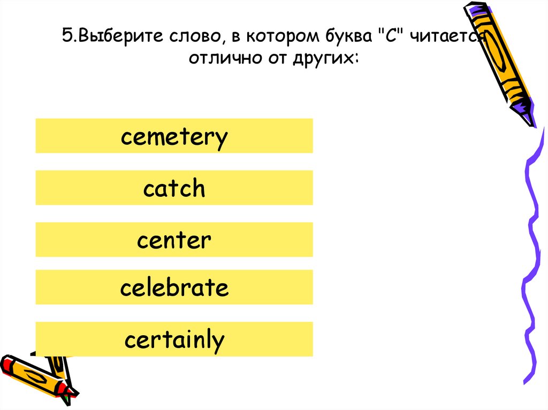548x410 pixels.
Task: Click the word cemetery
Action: (x=174, y=137)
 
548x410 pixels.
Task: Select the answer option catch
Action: (x=174, y=189)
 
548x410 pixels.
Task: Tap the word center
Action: (x=174, y=240)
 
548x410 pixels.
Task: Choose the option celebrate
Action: (x=174, y=288)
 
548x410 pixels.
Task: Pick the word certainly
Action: (x=174, y=340)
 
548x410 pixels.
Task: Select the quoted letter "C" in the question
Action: (x=388, y=37)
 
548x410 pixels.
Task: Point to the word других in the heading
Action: (x=327, y=58)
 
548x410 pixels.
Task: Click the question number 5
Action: (x=66, y=37)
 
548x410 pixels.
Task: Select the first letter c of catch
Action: (x=148, y=190)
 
